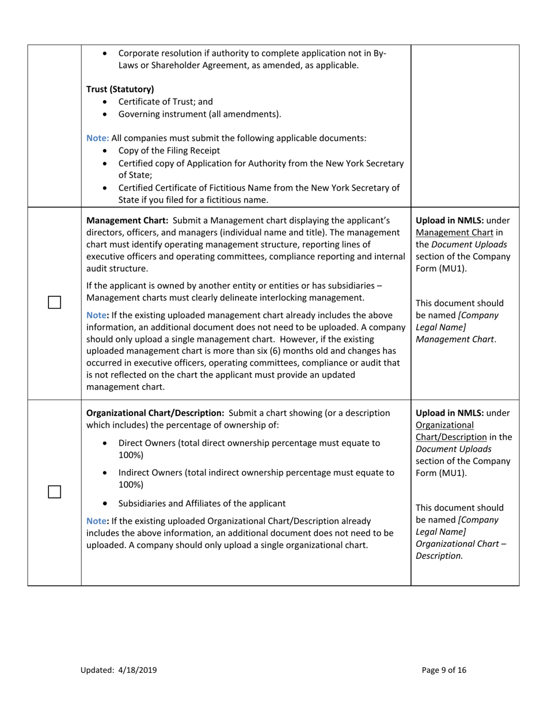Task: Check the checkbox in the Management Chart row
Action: [54, 302]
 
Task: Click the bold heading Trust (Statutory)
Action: [120, 89]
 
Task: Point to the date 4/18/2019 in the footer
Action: [138, 670]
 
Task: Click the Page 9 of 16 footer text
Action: [444, 670]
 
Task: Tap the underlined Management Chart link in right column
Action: [451, 233]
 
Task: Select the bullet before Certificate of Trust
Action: [104, 102]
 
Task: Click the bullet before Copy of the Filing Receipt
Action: [104, 151]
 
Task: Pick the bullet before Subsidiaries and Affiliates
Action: [104, 504]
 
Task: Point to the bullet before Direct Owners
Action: [104, 443]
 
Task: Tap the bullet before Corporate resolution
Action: [104, 54]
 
